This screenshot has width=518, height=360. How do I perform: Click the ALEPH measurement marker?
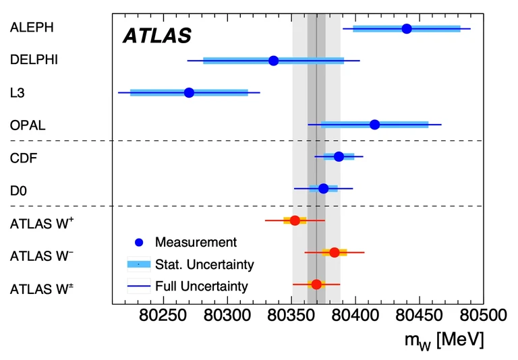tap(407, 28)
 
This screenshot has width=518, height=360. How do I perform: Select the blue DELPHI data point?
tap(273, 61)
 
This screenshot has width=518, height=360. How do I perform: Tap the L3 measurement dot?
tap(189, 92)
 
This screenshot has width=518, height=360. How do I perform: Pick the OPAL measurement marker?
tap(374, 125)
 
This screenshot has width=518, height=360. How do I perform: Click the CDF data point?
tap(339, 156)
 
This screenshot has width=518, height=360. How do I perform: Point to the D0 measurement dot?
tap(323, 188)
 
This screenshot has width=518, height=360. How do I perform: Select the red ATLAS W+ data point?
tap(295, 220)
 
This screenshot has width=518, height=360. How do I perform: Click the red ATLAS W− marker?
tap(334, 252)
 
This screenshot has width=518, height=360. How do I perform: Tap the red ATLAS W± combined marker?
tap(316, 284)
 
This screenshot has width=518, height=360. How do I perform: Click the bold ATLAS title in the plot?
tap(157, 36)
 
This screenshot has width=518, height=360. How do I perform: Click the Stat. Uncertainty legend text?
tap(204, 264)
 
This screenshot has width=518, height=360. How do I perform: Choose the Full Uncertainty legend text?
tap(202, 286)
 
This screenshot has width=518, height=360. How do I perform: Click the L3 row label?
tap(18, 92)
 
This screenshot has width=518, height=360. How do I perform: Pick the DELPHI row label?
tap(34, 60)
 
